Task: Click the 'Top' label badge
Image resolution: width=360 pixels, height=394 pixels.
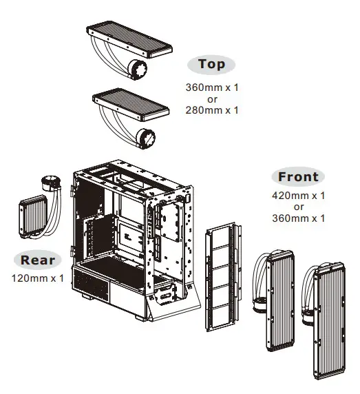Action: (x=211, y=64)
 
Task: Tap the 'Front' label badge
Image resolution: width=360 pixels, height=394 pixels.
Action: (x=297, y=176)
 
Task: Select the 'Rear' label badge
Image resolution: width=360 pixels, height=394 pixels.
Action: (x=37, y=260)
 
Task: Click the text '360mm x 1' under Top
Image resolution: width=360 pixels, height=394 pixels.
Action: (x=211, y=87)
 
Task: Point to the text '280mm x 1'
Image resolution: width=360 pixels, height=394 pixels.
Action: (x=211, y=110)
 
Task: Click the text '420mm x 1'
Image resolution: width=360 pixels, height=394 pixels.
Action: (x=299, y=196)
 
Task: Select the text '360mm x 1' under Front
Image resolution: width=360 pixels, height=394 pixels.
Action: (x=299, y=218)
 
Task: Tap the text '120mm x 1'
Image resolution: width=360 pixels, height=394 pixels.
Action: (x=37, y=278)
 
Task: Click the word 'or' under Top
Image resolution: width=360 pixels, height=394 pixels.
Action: (x=211, y=99)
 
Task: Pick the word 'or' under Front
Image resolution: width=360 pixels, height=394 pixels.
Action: (x=299, y=207)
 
